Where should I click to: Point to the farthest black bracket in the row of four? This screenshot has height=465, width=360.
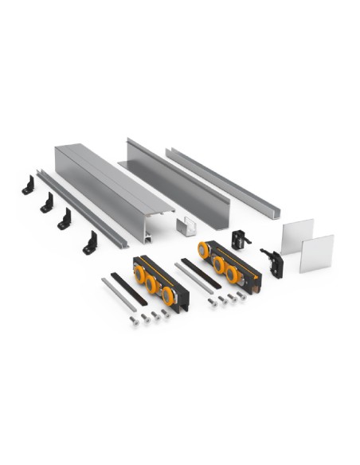(x=29, y=183)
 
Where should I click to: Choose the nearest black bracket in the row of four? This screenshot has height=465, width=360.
(x=90, y=243)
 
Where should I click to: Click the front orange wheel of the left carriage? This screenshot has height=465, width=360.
(x=168, y=295)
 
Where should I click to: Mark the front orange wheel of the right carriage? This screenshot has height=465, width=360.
(x=233, y=274)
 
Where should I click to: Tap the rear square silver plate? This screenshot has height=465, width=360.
(x=297, y=236)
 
